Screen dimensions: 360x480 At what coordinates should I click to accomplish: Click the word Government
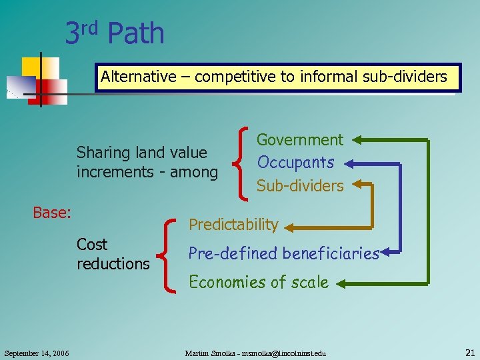pos(299,140)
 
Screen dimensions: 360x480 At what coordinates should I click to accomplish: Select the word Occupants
pos(295,163)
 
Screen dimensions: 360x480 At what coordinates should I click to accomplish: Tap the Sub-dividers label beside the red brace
pos(300,186)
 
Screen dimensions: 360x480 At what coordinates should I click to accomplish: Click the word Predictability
pos(233,225)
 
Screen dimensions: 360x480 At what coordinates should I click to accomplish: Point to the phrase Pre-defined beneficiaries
pos(283,253)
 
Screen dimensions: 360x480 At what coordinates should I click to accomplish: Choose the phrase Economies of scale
pos(259,282)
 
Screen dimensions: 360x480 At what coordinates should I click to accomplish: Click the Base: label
pos(52,213)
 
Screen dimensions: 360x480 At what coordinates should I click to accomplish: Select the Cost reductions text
pos(113,254)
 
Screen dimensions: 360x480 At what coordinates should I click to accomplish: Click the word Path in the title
pos(135,34)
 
